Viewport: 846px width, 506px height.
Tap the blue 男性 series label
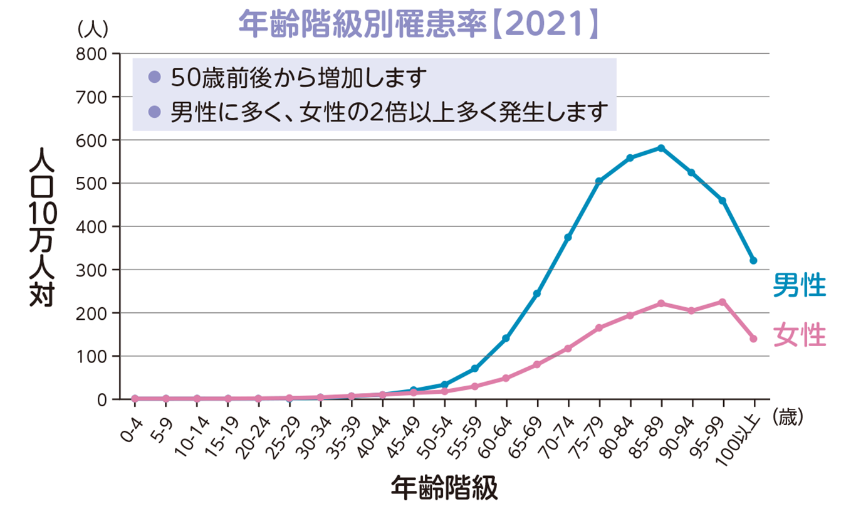(799, 285)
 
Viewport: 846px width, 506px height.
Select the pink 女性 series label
(799, 335)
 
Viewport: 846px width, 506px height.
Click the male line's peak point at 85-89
(661, 148)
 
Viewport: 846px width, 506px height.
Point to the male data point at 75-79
(598, 181)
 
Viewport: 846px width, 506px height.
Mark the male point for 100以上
(753, 261)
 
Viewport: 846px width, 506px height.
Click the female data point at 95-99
(723, 302)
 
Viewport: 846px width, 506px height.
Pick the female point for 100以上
(753, 339)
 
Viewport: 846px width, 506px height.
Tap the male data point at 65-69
(537, 293)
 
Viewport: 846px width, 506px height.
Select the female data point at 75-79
(598, 328)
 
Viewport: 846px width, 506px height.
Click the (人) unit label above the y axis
(93, 28)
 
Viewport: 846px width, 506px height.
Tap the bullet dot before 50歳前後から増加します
(154, 78)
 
